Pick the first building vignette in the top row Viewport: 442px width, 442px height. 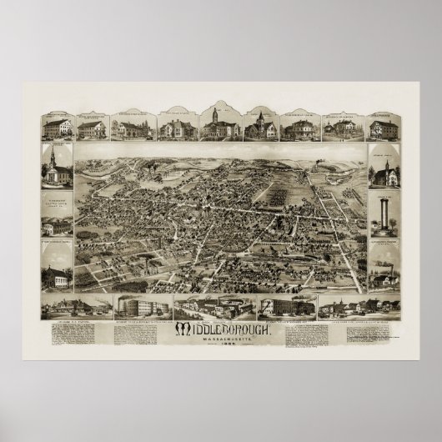pos(56,127)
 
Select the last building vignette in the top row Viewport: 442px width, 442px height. pos(384,128)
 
